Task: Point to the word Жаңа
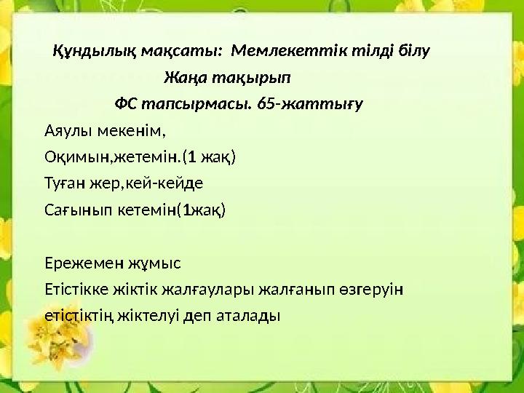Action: click(183, 77)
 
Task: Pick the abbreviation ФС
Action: click(126, 103)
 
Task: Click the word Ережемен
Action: click(82, 263)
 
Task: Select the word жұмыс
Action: click(152, 263)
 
